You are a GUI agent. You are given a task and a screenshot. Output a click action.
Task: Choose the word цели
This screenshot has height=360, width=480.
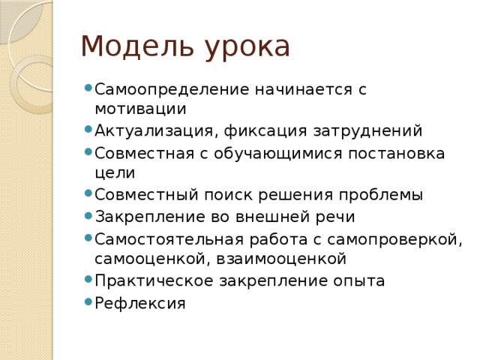tap(115, 174)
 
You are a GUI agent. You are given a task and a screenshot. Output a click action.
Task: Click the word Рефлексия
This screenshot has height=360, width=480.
tap(139, 303)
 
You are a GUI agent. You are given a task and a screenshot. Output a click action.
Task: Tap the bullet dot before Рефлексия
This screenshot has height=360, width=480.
tap(88, 303)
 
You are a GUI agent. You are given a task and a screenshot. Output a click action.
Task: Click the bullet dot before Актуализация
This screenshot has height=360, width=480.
tap(88, 131)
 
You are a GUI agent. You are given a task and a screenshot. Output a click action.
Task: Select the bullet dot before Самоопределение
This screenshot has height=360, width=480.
tap(88, 88)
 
